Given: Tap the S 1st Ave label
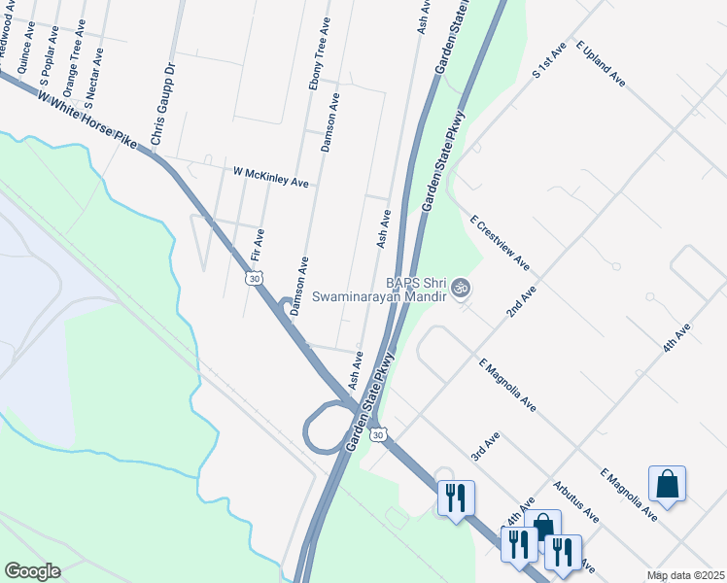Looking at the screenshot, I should [548, 60].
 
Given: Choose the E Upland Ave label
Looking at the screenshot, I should [600, 64].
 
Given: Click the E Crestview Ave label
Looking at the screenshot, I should [499, 243].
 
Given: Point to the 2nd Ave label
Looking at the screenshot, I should [521, 301].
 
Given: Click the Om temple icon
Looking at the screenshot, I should [461, 289].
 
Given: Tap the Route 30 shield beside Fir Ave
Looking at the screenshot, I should [254, 279].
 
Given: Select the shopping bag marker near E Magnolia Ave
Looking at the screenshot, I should [667, 483].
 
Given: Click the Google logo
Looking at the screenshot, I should [33, 570].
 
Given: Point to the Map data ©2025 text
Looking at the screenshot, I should [684, 575].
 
